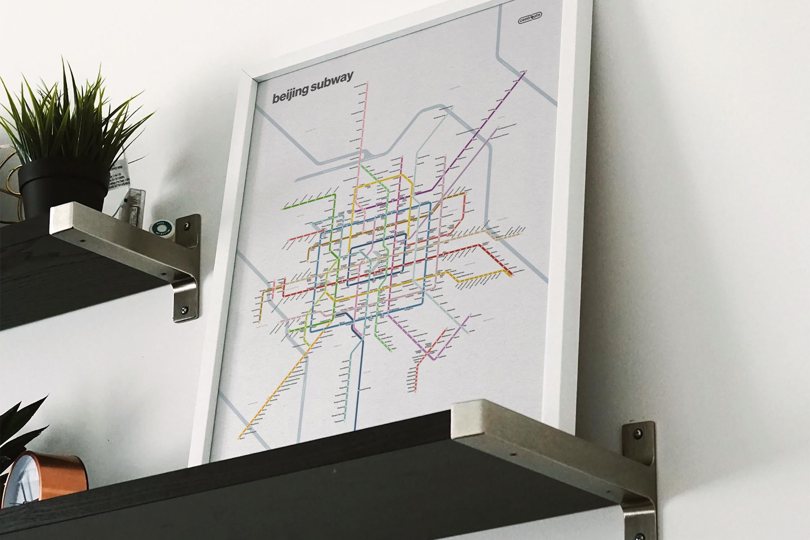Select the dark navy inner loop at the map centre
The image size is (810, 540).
coord(377,259)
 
